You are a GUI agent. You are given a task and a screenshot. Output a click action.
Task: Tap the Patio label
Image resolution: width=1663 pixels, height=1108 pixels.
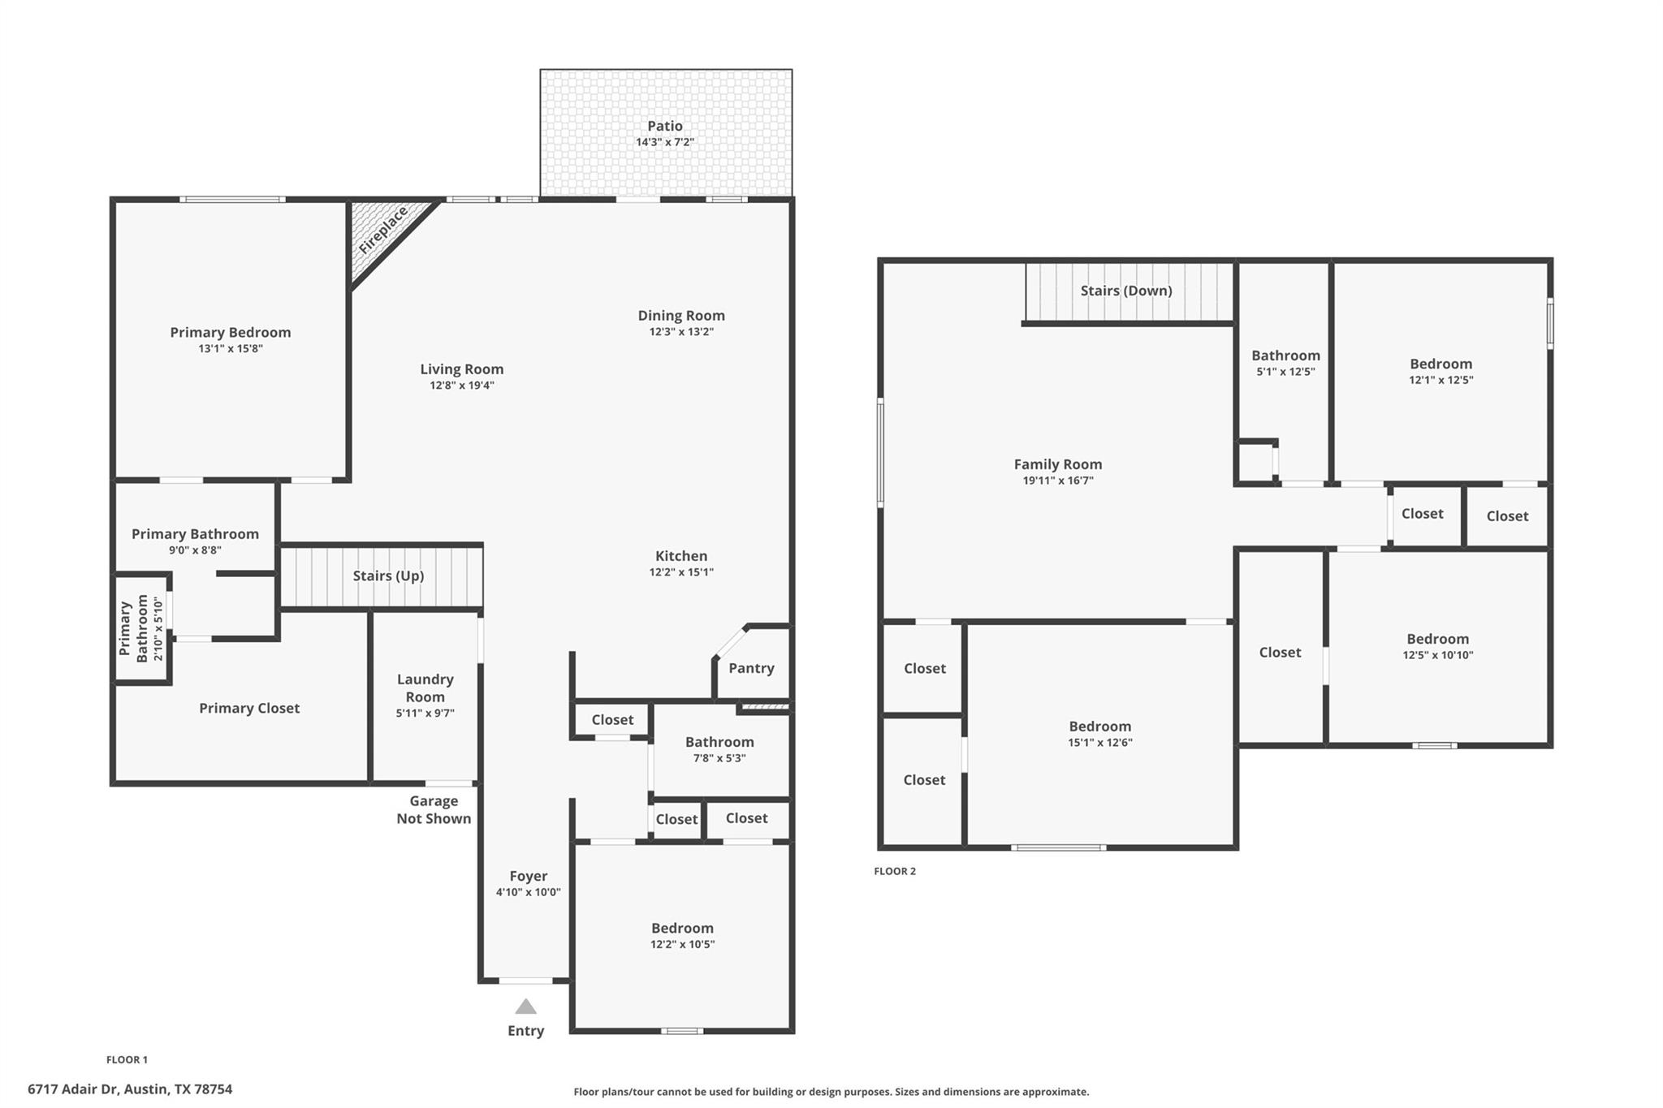click(x=664, y=126)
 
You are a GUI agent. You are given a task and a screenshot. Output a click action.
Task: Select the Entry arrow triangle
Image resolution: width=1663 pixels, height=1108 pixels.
click(x=525, y=1007)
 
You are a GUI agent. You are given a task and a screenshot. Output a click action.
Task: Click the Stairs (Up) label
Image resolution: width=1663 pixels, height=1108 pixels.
click(x=388, y=576)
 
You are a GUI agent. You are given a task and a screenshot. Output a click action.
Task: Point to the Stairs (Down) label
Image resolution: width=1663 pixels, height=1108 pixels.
click(x=1125, y=291)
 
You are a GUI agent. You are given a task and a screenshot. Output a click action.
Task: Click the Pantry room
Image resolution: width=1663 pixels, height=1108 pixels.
click(x=751, y=668)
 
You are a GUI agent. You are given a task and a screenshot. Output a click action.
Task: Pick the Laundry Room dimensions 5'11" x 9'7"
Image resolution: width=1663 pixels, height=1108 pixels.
click(x=425, y=714)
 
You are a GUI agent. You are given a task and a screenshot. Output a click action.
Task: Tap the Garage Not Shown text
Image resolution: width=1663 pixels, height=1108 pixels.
click(x=434, y=810)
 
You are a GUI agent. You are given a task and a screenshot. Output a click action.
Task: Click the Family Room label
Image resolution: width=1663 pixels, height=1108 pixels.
click(x=1057, y=464)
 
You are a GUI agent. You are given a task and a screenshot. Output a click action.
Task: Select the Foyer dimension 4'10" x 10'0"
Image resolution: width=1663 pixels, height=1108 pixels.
click(x=528, y=892)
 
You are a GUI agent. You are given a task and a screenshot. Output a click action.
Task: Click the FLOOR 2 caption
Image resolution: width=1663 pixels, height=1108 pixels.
click(x=894, y=871)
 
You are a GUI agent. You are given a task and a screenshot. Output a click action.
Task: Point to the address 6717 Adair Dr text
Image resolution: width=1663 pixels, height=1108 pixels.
click(x=130, y=1089)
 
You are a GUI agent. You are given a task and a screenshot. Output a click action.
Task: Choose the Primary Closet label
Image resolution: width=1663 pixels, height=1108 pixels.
click(x=249, y=708)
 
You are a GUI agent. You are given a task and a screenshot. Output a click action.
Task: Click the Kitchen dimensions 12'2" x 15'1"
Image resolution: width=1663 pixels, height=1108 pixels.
click(x=680, y=572)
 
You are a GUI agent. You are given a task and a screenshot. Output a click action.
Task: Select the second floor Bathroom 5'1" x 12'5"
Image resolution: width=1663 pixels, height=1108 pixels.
click(x=1285, y=363)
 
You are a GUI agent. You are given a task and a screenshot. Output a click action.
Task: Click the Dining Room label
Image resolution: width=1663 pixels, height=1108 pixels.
click(x=680, y=316)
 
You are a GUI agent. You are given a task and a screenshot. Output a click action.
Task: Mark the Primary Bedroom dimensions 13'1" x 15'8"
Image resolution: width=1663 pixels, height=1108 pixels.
click(x=231, y=349)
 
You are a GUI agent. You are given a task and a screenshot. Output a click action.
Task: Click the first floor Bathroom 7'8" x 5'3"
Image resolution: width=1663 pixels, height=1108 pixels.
click(x=719, y=749)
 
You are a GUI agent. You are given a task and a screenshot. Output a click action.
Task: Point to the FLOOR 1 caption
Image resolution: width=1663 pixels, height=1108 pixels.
click(x=127, y=1059)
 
